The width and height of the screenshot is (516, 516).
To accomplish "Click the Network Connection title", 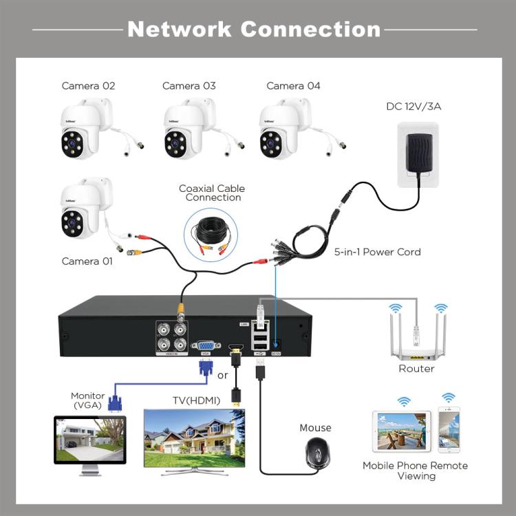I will tap(254, 29).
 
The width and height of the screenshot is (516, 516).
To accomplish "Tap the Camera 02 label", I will tap(88, 86).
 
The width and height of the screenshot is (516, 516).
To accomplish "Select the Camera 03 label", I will tap(189, 86).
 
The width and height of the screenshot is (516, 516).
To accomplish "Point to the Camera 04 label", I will tap(293, 86).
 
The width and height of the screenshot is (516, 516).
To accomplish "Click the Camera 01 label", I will tap(88, 261).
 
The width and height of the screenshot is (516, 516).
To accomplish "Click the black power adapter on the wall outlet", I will tap(417, 155).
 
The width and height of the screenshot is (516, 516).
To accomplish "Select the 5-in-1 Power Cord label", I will tap(377, 252).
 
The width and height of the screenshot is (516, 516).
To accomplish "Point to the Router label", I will tap(416, 369).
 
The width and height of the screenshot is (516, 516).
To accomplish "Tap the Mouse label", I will tap(315, 428).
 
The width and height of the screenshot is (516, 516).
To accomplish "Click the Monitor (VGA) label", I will tap(87, 400).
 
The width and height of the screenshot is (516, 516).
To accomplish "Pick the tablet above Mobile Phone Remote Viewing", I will tap(401, 431).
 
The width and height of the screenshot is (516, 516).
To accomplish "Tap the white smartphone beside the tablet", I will tap(449, 431).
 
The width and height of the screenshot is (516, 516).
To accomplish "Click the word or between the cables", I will tap(222, 376).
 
